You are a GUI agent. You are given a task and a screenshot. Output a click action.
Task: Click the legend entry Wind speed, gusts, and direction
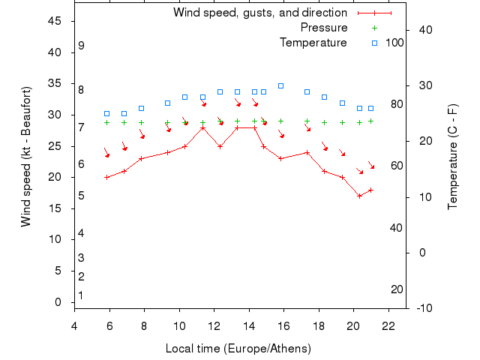point(259,13)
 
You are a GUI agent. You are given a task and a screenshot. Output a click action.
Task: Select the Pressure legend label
point(324,28)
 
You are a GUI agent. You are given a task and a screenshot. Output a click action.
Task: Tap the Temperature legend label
point(313,43)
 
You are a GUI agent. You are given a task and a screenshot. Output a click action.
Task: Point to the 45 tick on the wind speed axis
point(55,21)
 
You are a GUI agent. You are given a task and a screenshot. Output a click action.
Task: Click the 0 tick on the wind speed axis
point(58,302)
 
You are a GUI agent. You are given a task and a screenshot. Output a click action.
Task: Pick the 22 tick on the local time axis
point(388,325)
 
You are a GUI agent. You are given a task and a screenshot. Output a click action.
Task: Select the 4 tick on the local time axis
point(74,325)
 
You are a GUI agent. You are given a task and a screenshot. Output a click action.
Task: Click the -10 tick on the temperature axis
point(424,308)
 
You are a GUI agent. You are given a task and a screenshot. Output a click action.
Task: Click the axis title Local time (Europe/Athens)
point(238,349)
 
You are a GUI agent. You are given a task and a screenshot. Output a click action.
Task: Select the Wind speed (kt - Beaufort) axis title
point(26,156)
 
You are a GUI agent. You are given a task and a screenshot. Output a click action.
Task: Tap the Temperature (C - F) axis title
point(452,156)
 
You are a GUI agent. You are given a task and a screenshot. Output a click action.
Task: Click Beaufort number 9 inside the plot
point(81,46)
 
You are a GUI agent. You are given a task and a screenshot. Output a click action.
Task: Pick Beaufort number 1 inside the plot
point(81,295)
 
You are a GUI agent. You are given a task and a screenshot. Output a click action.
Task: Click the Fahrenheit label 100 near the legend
point(395,43)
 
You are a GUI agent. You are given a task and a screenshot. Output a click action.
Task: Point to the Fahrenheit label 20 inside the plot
point(397,289)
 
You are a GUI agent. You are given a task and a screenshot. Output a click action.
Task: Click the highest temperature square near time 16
point(281,85)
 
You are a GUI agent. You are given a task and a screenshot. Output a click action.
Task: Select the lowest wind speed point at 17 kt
point(360,196)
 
